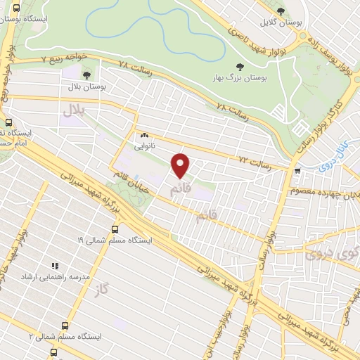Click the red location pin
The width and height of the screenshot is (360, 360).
(x=181, y=165)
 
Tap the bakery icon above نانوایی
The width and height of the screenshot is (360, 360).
(x=145, y=134)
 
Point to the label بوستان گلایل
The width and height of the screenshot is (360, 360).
(x=281, y=22)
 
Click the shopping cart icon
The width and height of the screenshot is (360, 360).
(x=298, y=170)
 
